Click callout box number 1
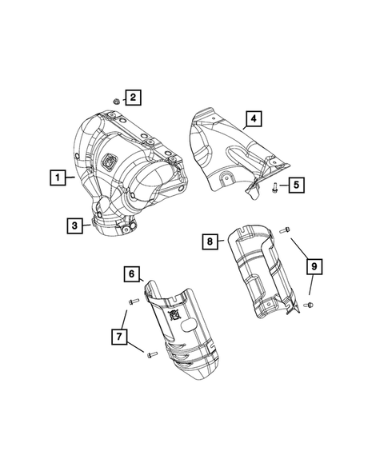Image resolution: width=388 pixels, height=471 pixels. pyautogui.click(x=57, y=175)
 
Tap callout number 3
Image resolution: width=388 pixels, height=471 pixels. pyautogui.click(x=74, y=226)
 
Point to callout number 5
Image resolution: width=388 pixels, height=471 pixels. pyautogui.click(x=295, y=186)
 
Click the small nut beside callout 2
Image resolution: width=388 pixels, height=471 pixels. pyautogui.click(x=115, y=102)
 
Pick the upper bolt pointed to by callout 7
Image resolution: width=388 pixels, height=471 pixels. pyautogui.click(x=133, y=301)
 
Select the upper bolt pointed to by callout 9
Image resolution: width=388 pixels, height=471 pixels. pyautogui.click(x=285, y=230)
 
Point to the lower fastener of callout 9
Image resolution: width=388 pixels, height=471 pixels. pyautogui.click(x=310, y=305)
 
